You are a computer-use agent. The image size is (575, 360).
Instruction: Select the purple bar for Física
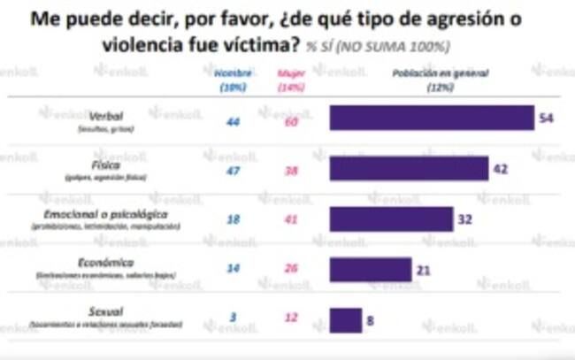pos(409,168)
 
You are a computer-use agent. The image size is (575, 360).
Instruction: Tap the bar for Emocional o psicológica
pos(391,218)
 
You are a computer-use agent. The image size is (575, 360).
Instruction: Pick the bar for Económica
pos(371,269)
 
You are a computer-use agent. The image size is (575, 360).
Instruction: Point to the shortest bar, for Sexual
pos(346,319)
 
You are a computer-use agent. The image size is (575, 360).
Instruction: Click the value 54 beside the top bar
pos(546,119)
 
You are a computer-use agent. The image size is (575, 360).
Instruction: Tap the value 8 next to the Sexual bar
pos(370,319)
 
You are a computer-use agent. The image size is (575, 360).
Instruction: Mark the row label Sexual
pos(108,311)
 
